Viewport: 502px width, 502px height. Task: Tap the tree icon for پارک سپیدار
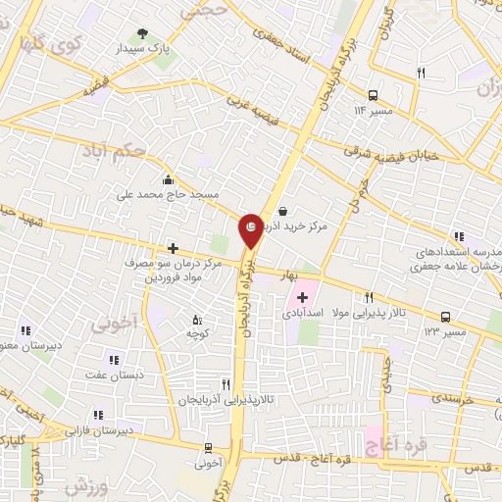(x=144, y=34)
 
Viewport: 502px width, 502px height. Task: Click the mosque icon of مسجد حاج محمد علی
(x=169, y=179)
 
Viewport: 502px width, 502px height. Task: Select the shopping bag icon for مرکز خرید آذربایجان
(x=283, y=210)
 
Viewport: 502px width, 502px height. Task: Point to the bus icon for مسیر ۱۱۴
(x=373, y=95)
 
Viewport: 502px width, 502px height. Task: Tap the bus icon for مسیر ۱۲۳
(x=446, y=317)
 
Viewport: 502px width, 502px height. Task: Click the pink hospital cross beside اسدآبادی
(x=302, y=296)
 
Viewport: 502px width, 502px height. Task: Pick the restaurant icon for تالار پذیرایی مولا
(x=369, y=298)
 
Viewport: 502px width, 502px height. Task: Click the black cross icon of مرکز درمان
(x=173, y=248)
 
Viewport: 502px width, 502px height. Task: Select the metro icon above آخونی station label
(x=206, y=447)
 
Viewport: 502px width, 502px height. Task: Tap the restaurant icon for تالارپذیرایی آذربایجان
(x=226, y=384)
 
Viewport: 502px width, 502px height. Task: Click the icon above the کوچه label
(x=196, y=320)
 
